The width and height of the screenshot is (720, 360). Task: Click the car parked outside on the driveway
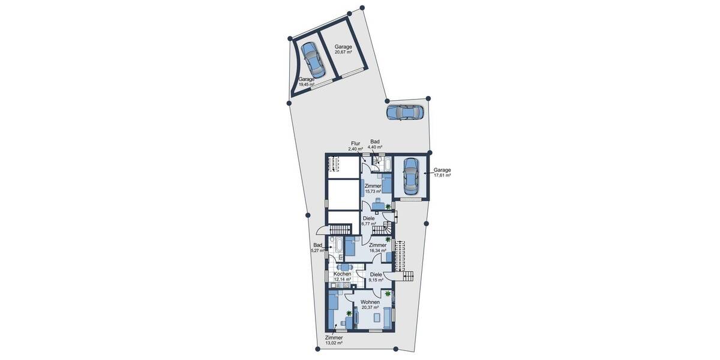405,112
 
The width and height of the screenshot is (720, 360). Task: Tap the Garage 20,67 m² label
343,49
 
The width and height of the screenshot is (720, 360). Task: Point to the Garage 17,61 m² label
442,173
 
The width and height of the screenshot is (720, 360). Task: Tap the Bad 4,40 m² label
375,144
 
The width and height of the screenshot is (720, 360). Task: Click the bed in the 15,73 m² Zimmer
387,183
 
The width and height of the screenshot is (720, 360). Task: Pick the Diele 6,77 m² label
368,221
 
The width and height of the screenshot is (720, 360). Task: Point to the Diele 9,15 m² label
376,277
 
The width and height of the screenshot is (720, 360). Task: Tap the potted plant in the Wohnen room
388,294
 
